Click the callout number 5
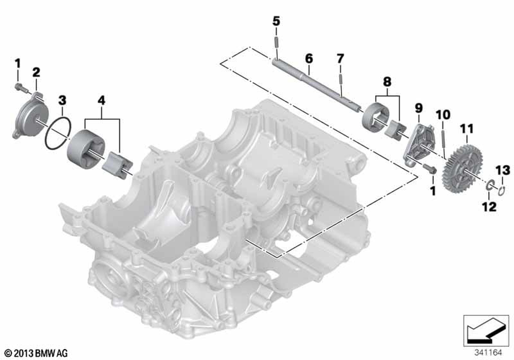tap(277, 21)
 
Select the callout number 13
tap(503, 171)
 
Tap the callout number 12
tap(489, 207)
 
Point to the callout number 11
tap(467, 129)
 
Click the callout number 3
tap(62, 100)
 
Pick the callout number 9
tap(418, 108)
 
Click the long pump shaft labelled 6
tap(317, 84)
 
